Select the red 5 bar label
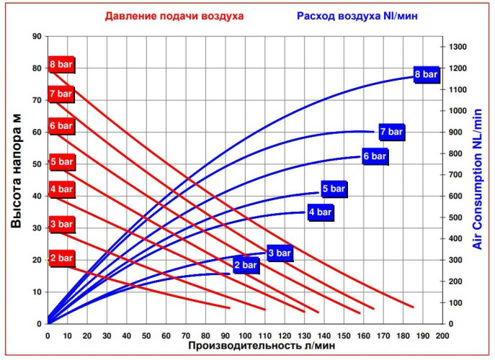tap(61, 161)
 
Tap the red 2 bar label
tap(61, 258)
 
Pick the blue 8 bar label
tap(426, 74)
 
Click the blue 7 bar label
tap(391, 132)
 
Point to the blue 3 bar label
tap(280, 253)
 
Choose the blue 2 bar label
tap(245, 266)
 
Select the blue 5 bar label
tap(334, 189)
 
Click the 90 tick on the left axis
tap(37, 35)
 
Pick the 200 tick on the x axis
tap(442, 336)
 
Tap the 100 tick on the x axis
tap(245, 336)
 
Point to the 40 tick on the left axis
tap(37, 195)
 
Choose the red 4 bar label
tap(61, 189)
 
